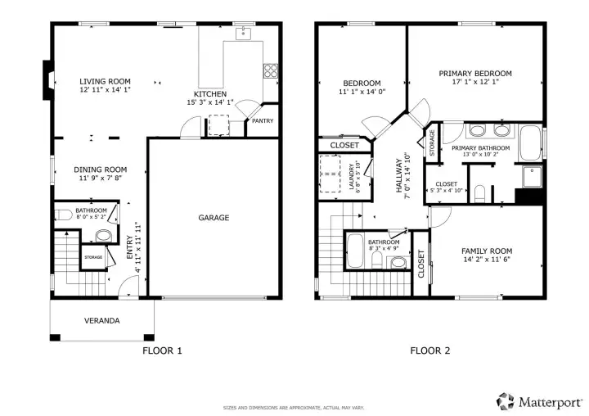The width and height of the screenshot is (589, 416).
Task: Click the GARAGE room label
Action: click(214, 217)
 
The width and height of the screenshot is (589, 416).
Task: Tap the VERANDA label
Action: click(101, 320)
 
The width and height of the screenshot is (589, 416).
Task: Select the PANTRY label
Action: click(263, 120)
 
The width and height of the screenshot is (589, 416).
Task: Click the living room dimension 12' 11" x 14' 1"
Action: click(105, 89)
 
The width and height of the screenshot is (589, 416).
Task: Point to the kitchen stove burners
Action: click(271, 70)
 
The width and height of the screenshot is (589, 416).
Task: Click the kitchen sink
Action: click(244, 34)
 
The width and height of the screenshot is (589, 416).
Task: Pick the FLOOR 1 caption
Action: click(162, 350)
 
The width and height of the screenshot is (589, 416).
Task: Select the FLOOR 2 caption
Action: click(429, 350)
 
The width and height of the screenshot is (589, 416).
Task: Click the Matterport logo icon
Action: click(506, 401)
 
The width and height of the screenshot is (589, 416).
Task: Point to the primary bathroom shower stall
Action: click(532, 177)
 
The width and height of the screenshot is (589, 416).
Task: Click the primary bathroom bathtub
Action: click(530, 143)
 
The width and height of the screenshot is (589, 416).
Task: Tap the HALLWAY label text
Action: click(399, 175)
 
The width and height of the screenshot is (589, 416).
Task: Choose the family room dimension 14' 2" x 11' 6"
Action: click(487, 259)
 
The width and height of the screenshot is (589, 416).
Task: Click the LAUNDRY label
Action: click(351, 177)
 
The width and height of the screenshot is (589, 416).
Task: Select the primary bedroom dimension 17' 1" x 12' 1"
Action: click(475, 82)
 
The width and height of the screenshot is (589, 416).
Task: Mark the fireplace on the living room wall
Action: click(48, 80)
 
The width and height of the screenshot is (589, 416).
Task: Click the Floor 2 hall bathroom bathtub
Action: click(354, 251)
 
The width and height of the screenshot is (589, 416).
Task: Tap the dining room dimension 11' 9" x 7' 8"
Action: click(101, 178)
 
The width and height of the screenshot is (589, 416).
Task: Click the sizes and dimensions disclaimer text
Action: click(294, 408)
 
